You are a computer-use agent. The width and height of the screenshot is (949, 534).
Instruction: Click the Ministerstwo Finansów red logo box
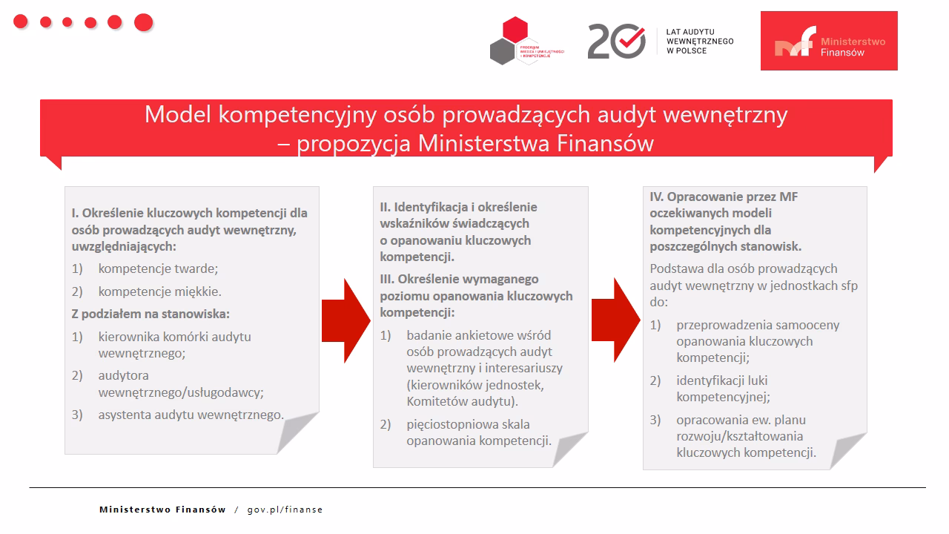click(x=829, y=41)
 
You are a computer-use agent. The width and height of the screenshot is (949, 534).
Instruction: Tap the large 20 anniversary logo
click(x=616, y=41)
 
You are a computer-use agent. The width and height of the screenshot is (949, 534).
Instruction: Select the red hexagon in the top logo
click(x=515, y=30)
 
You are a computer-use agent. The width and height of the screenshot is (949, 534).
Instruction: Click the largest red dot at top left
click(x=143, y=22)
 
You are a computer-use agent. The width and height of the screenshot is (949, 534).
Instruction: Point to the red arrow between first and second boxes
click(x=345, y=320)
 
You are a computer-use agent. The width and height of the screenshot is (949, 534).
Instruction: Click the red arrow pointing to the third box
click(x=615, y=320)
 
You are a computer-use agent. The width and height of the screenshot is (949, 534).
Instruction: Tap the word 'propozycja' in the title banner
click(x=353, y=142)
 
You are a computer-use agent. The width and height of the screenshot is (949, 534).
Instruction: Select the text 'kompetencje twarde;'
click(x=158, y=268)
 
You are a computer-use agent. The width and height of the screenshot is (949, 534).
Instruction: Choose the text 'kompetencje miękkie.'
click(x=159, y=291)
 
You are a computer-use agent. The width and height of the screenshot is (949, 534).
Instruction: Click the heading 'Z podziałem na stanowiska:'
click(x=151, y=313)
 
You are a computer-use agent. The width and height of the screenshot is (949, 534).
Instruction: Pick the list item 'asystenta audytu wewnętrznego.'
click(x=191, y=415)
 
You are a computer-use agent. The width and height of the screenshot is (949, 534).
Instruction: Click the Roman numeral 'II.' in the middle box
click(x=386, y=206)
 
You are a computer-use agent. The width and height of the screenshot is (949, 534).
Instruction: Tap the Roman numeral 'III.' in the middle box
click(x=387, y=279)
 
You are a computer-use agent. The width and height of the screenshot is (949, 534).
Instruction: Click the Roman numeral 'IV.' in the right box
click(x=657, y=197)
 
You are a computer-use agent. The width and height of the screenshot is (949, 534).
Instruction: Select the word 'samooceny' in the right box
click(x=808, y=325)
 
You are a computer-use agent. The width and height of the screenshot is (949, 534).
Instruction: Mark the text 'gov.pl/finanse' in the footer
click(x=285, y=510)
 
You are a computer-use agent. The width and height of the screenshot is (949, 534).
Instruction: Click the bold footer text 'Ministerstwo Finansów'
click(x=162, y=510)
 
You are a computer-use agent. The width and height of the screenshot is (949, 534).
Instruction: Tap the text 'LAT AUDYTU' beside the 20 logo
click(x=690, y=32)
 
